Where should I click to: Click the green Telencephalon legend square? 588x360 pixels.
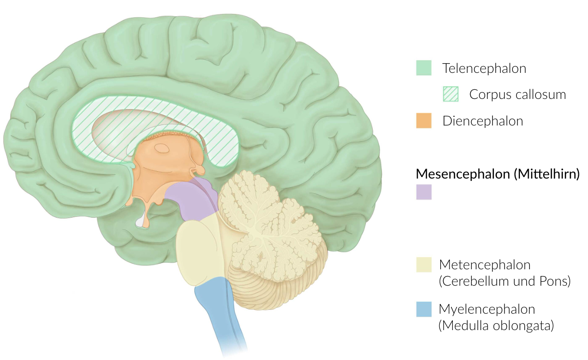[x=423, y=68]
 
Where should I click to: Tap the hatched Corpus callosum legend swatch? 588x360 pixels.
[x=450, y=94]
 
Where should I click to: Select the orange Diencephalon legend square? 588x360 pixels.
[x=423, y=121]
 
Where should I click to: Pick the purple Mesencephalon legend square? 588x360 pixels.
[x=423, y=192]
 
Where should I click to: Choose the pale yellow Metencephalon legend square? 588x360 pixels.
[x=423, y=265]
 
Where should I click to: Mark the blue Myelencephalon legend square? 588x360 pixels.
[x=423, y=309]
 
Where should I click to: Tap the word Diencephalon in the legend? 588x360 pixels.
[x=482, y=121]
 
